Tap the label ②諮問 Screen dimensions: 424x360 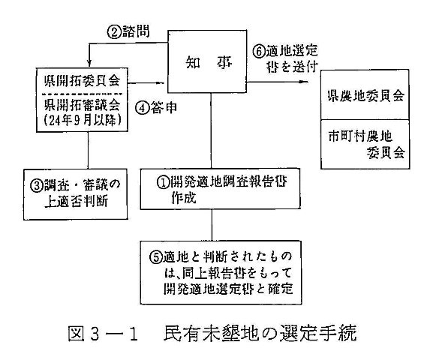coord(128,32)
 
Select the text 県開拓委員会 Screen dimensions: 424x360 coord(83,80)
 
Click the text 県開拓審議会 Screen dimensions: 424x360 coord(83,104)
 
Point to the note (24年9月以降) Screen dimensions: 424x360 coord(83,120)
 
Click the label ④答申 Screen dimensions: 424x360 coord(156,107)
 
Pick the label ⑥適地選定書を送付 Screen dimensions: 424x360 coord(285,58)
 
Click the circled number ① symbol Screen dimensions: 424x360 coord(163,182)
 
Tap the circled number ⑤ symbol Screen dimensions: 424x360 coord(156,256)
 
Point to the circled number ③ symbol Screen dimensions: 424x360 coord(37,185)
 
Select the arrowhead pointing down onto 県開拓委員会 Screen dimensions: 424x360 coord(89,63)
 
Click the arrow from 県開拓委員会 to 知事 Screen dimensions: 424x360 coord(146,83)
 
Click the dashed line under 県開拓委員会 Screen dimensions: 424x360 coord(83,94)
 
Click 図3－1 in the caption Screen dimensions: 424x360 coord(104,334)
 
